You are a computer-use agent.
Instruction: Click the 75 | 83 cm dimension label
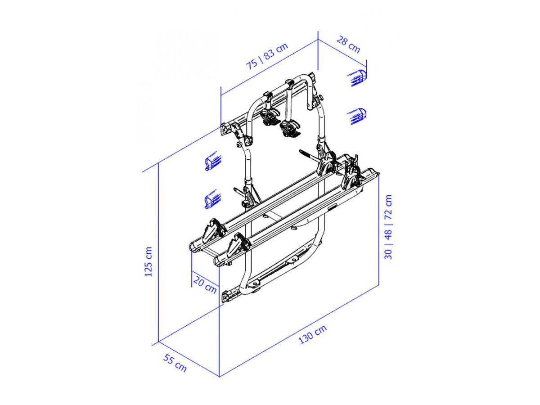tap(267, 56)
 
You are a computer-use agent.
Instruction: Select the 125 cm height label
tap(148, 261)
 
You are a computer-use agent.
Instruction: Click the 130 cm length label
tap(312, 334)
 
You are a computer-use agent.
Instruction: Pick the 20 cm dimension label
tap(205, 285)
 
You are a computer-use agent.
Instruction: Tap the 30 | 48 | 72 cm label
tap(388, 227)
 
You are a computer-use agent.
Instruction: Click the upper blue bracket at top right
tap(357, 78)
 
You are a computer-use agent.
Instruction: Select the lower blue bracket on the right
tap(357, 116)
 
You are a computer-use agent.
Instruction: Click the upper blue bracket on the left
tap(213, 161)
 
